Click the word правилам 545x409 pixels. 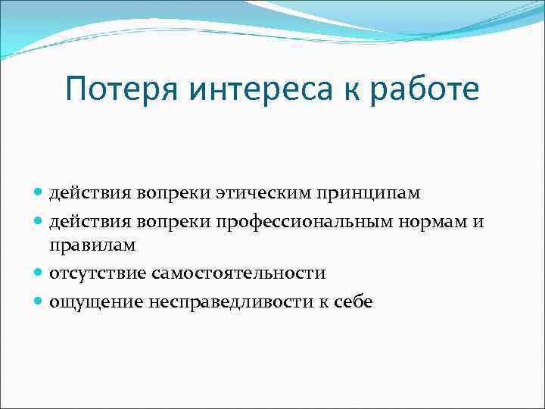[92, 246]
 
